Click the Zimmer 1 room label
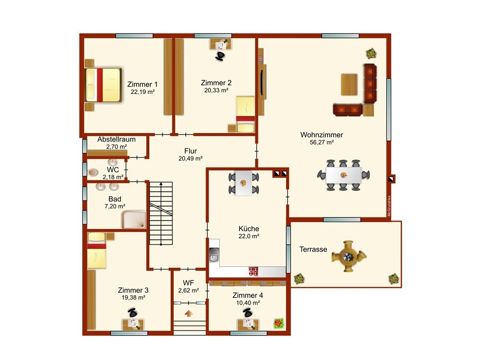tap(143, 84)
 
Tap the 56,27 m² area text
tap(322, 143)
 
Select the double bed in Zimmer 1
tap(103, 85)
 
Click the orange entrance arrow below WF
tap(189, 313)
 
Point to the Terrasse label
tap(313, 249)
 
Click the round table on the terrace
tap(348, 256)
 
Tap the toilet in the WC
tap(93, 173)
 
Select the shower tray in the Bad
tap(134, 219)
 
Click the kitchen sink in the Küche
tap(214, 255)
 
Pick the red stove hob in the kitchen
tap(253, 272)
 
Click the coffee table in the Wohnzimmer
tap(349, 84)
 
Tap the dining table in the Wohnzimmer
tap(344, 175)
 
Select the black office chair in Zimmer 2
tap(220, 56)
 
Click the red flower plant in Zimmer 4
tap(278, 323)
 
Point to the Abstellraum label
tap(116, 139)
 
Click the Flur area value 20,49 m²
tap(191, 158)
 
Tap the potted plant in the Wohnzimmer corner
tap(372, 54)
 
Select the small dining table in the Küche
tap(243, 183)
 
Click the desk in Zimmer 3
tap(133, 324)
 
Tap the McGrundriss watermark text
tap(389, 206)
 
